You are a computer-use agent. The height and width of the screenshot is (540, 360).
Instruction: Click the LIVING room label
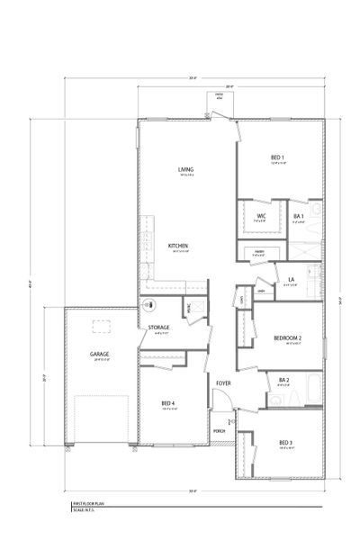[186, 169]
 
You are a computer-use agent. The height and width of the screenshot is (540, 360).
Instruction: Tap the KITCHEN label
[177, 246]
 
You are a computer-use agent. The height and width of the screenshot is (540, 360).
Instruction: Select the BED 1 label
[278, 158]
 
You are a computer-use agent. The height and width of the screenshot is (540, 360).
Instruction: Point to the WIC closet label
[261, 216]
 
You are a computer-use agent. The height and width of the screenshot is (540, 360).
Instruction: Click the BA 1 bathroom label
[300, 216]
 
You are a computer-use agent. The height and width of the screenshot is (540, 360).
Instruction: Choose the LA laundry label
[291, 280]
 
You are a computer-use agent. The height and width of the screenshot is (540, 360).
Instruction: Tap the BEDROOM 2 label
[287, 337]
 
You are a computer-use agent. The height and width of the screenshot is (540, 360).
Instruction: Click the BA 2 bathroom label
[283, 380]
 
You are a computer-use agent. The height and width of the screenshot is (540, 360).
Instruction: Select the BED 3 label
[285, 442]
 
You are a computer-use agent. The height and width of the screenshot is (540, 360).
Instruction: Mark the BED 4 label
[168, 402]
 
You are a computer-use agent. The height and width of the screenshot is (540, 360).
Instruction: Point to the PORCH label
[219, 430]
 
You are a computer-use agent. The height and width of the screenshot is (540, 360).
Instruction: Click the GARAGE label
[99, 354]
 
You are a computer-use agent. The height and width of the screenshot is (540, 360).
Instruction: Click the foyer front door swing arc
[230, 416]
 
